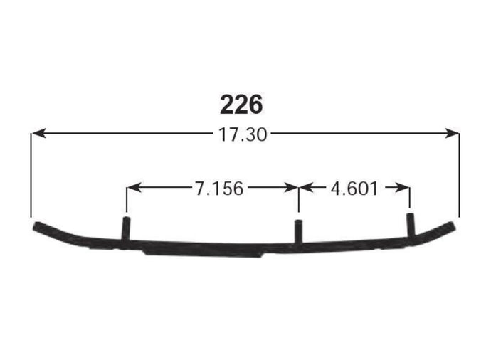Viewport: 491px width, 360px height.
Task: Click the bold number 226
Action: point(241,105)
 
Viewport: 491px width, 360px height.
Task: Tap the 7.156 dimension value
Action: point(219,189)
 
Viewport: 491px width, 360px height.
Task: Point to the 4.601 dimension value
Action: point(354,189)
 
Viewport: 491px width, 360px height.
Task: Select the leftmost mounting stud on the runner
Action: point(125,229)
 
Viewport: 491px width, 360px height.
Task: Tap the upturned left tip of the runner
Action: point(40,227)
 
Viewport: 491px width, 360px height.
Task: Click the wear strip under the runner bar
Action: point(206,250)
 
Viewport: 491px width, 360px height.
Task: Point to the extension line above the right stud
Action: point(410,198)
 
